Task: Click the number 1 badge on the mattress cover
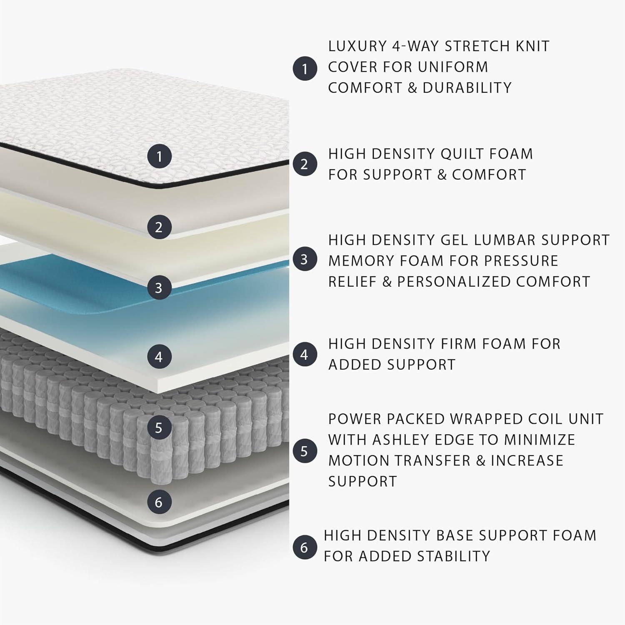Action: (x=159, y=157)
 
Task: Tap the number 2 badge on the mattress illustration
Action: (x=159, y=227)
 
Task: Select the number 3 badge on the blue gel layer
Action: (x=159, y=287)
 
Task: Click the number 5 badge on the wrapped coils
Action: (x=159, y=427)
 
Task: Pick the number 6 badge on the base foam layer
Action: (x=159, y=502)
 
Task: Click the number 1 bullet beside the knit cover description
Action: (x=305, y=68)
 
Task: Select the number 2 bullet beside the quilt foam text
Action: (x=305, y=164)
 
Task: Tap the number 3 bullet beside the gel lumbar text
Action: (x=305, y=259)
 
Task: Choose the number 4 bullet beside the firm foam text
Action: (x=305, y=355)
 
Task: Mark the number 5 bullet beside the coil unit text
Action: (x=305, y=451)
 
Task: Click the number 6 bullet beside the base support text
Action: (x=305, y=547)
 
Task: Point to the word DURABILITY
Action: (x=467, y=88)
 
